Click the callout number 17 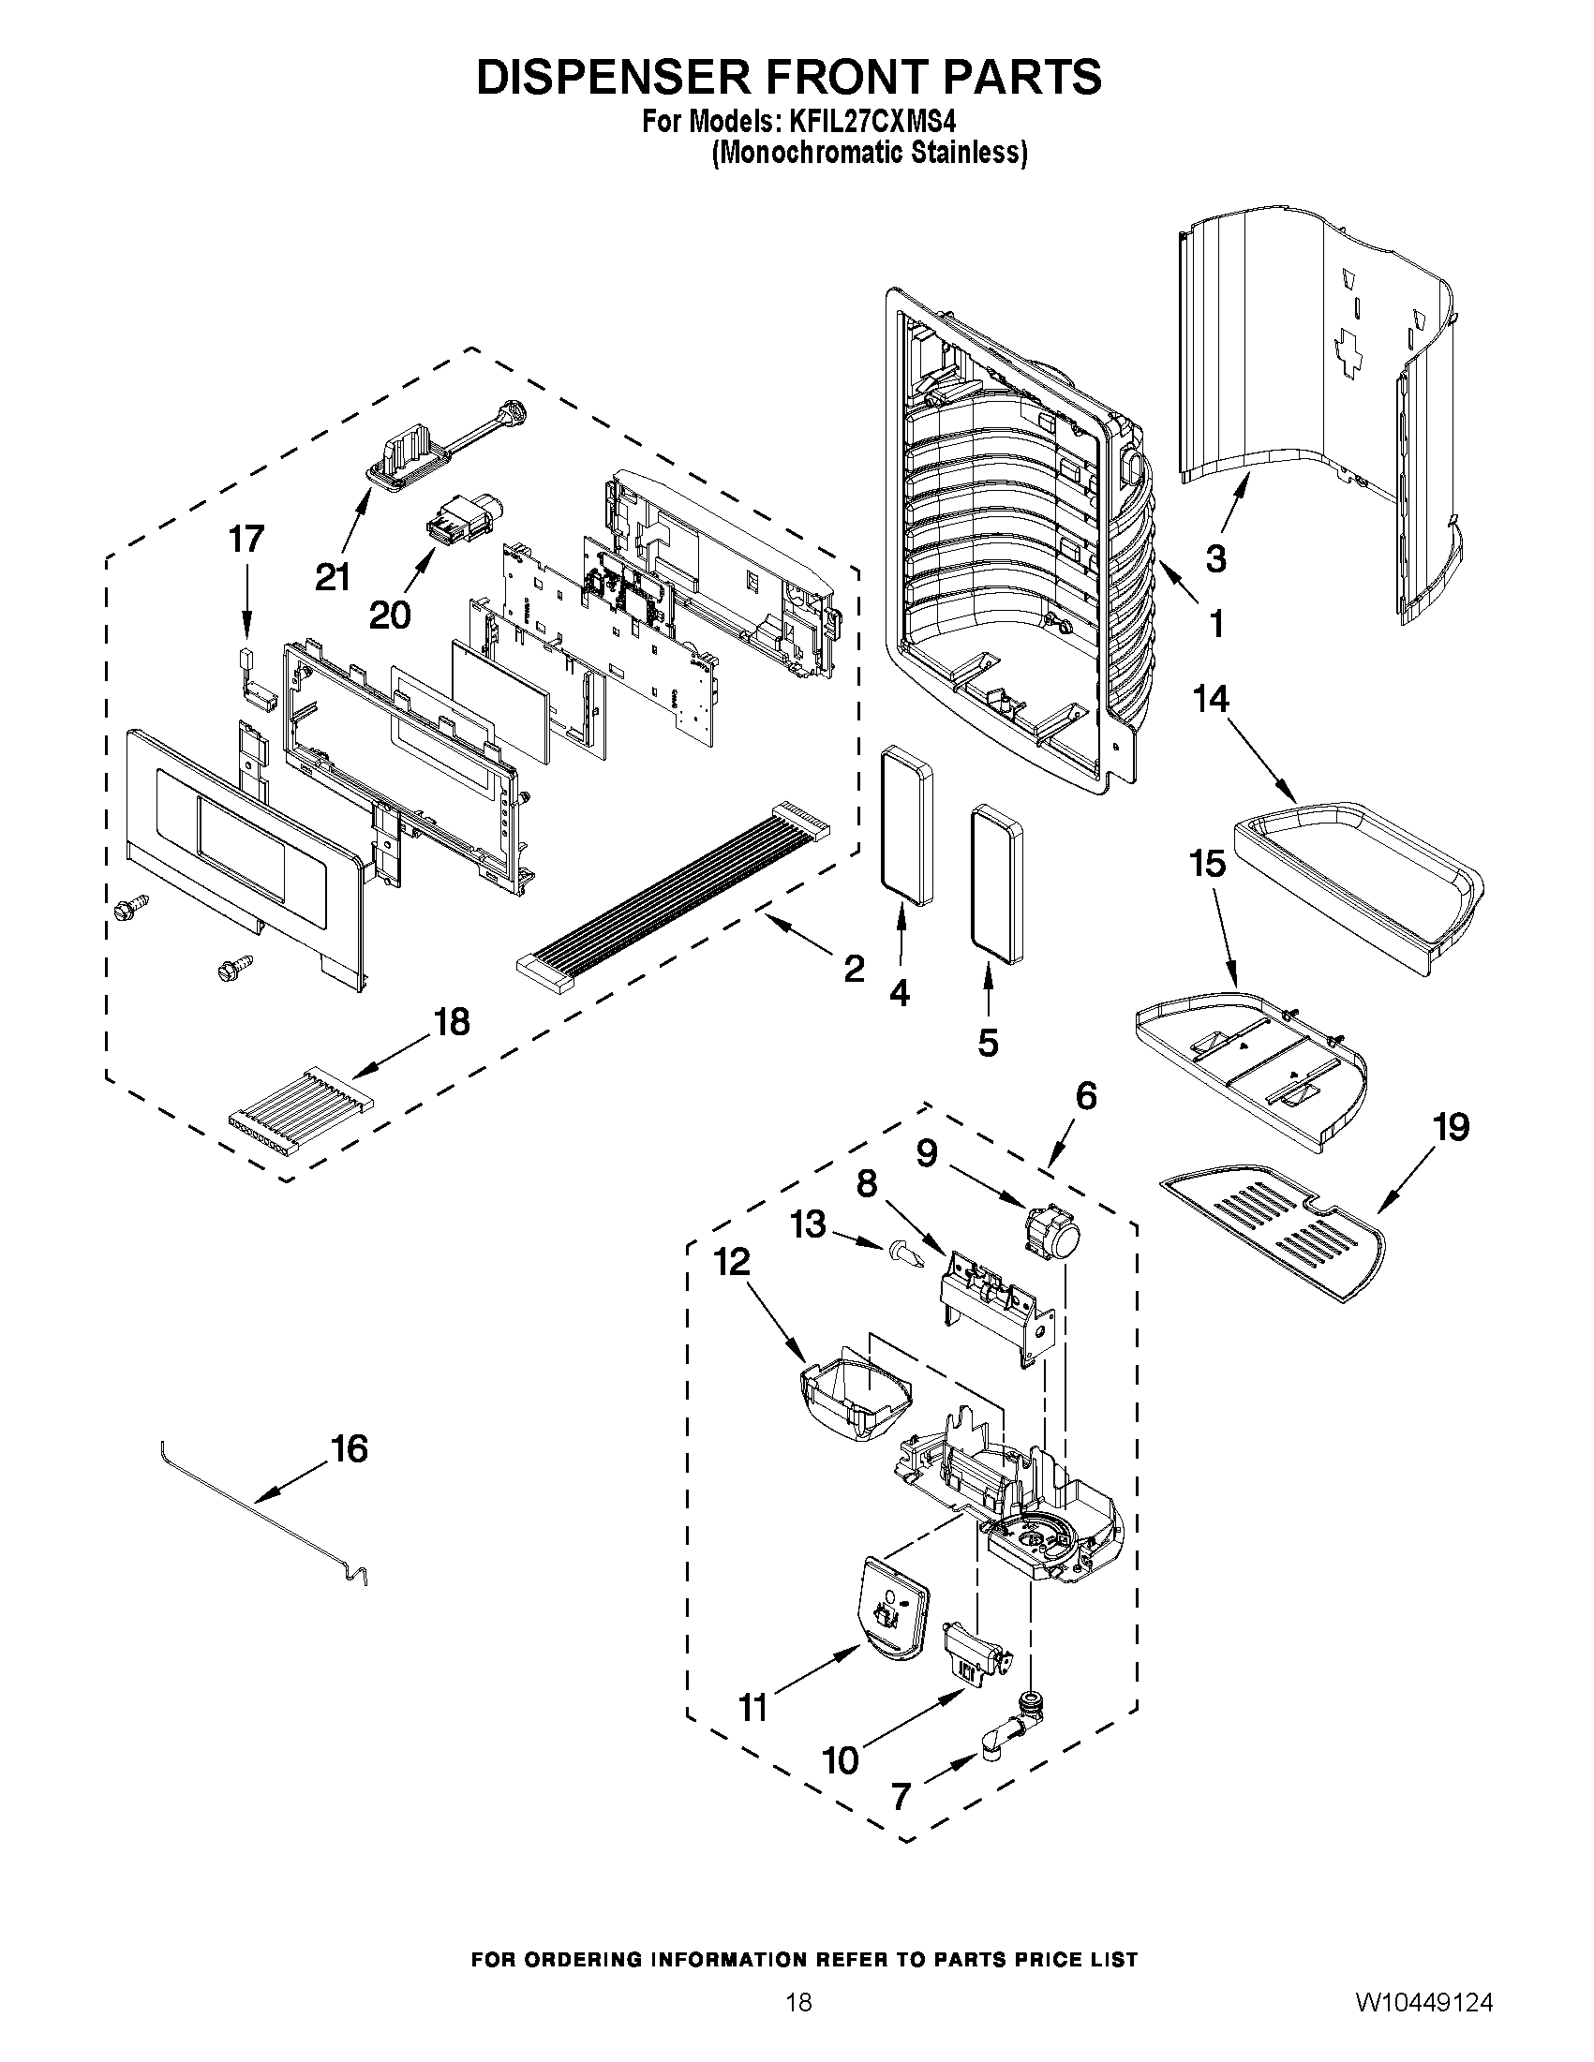point(246,539)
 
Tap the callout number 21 point(333,576)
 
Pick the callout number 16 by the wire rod point(350,1449)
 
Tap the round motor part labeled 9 point(1051,1234)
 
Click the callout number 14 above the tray point(1211,700)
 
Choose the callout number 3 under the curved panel point(1215,559)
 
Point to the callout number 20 point(389,616)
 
